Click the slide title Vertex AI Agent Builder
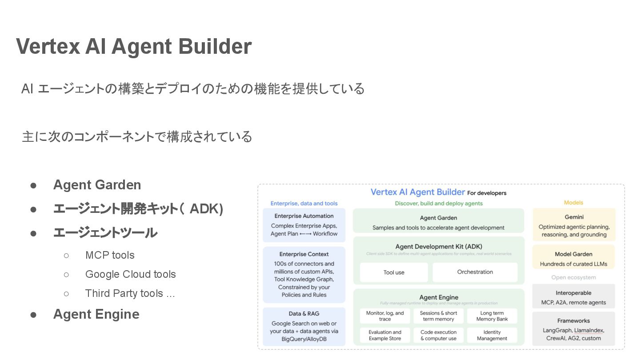click(134, 47)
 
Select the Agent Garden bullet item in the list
click(97, 185)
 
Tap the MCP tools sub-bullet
click(110, 255)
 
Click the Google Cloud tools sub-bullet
click(130, 274)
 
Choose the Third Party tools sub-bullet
click(130, 293)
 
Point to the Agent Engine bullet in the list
click(96, 314)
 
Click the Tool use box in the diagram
click(394, 272)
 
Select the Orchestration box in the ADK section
click(475, 272)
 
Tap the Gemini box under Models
click(574, 225)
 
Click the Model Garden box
click(573, 258)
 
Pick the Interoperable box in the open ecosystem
click(573, 297)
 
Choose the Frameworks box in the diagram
click(573, 329)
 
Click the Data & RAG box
click(304, 327)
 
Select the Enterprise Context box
click(304, 275)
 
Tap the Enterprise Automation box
click(304, 225)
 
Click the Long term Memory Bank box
click(492, 316)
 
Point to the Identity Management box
click(492, 335)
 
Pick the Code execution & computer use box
click(438, 335)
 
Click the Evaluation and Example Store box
click(385, 335)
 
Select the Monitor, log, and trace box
click(385, 316)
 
